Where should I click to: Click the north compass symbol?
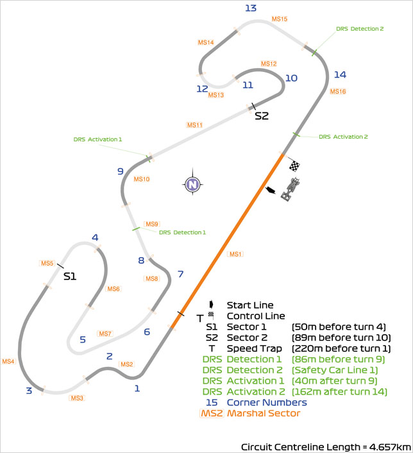point(192,184)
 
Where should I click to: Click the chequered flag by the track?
point(294,166)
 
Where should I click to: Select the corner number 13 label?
point(251,8)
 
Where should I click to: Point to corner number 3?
point(29,391)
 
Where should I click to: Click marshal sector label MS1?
point(236,254)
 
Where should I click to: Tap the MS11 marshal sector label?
point(195,125)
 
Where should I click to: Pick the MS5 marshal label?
point(47,263)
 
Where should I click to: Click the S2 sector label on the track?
point(262,116)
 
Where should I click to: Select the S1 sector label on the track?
point(70,276)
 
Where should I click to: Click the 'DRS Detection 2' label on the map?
point(360,29)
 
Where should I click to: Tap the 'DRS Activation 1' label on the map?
point(97,139)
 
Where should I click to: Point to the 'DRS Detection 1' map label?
point(183,233)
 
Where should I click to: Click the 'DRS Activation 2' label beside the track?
point(343,137)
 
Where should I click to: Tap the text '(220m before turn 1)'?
point(342,348)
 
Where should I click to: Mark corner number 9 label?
point(120,172)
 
